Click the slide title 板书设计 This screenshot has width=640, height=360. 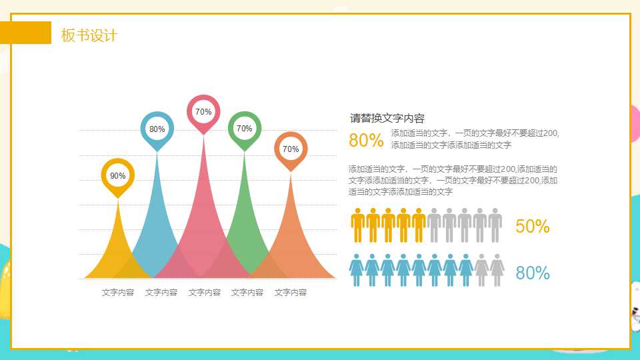point(89,35)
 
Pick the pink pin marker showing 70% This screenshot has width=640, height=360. point(203,112)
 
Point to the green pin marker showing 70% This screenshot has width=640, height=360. point(244,129)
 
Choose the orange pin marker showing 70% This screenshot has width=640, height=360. point(291,149)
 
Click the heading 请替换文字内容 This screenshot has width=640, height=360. point(387,119)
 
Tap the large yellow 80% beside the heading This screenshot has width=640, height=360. point(366,141)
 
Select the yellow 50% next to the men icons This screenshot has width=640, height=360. point(533,227)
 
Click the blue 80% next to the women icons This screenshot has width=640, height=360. point(533,273)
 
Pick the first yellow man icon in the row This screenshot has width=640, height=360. point(358,225)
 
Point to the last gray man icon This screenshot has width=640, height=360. point(495,225)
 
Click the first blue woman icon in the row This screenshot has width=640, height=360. point(357,270)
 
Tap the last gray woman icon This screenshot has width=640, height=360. point(497,270)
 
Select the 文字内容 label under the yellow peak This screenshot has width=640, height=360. point(118,292)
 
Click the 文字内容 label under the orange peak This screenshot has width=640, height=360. point(291,292)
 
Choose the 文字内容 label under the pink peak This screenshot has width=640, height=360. point(205,292)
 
